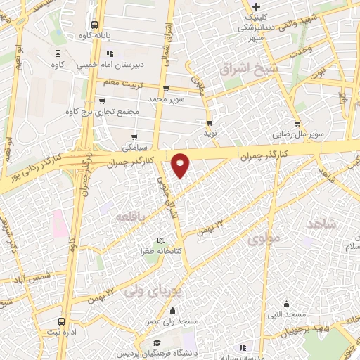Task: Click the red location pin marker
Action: [181, 165]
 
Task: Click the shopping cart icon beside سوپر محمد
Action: [165, 89]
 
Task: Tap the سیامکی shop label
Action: [134, 148]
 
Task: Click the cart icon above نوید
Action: [209, 121]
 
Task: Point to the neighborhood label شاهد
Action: [323, 224]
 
